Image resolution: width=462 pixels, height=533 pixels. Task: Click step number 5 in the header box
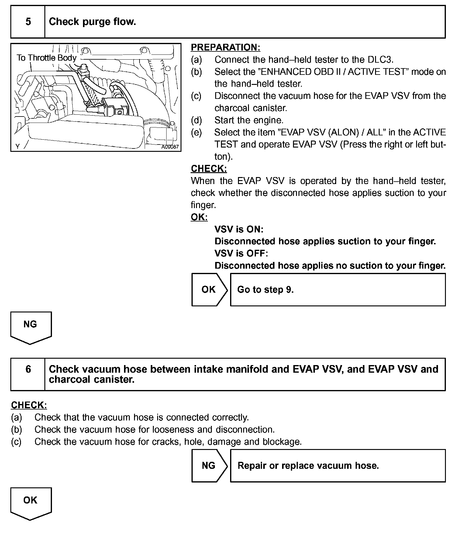[28, 22]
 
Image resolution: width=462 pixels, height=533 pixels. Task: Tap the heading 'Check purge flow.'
[92, 22]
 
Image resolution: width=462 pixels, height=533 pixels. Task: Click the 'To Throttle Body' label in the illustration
[47, 58]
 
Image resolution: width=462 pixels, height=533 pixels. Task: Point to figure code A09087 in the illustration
[170, 147]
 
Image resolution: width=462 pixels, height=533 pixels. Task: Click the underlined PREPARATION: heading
[226, 47]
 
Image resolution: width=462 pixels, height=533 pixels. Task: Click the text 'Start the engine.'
[249, 120]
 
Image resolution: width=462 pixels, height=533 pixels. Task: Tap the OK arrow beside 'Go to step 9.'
[209, 289]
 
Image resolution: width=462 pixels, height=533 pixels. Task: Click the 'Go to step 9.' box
[338, 290]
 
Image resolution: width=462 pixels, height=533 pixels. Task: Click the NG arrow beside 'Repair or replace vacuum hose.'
[209, 465]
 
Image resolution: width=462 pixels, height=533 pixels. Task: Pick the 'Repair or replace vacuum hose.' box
[338, 466]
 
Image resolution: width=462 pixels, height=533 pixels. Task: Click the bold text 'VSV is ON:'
[239, 229]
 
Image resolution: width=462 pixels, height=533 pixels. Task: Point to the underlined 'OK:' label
[199, 217]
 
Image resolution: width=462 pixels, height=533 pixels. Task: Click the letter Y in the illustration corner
[18, 147]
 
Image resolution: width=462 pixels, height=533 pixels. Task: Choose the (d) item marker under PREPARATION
[196, 120]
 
